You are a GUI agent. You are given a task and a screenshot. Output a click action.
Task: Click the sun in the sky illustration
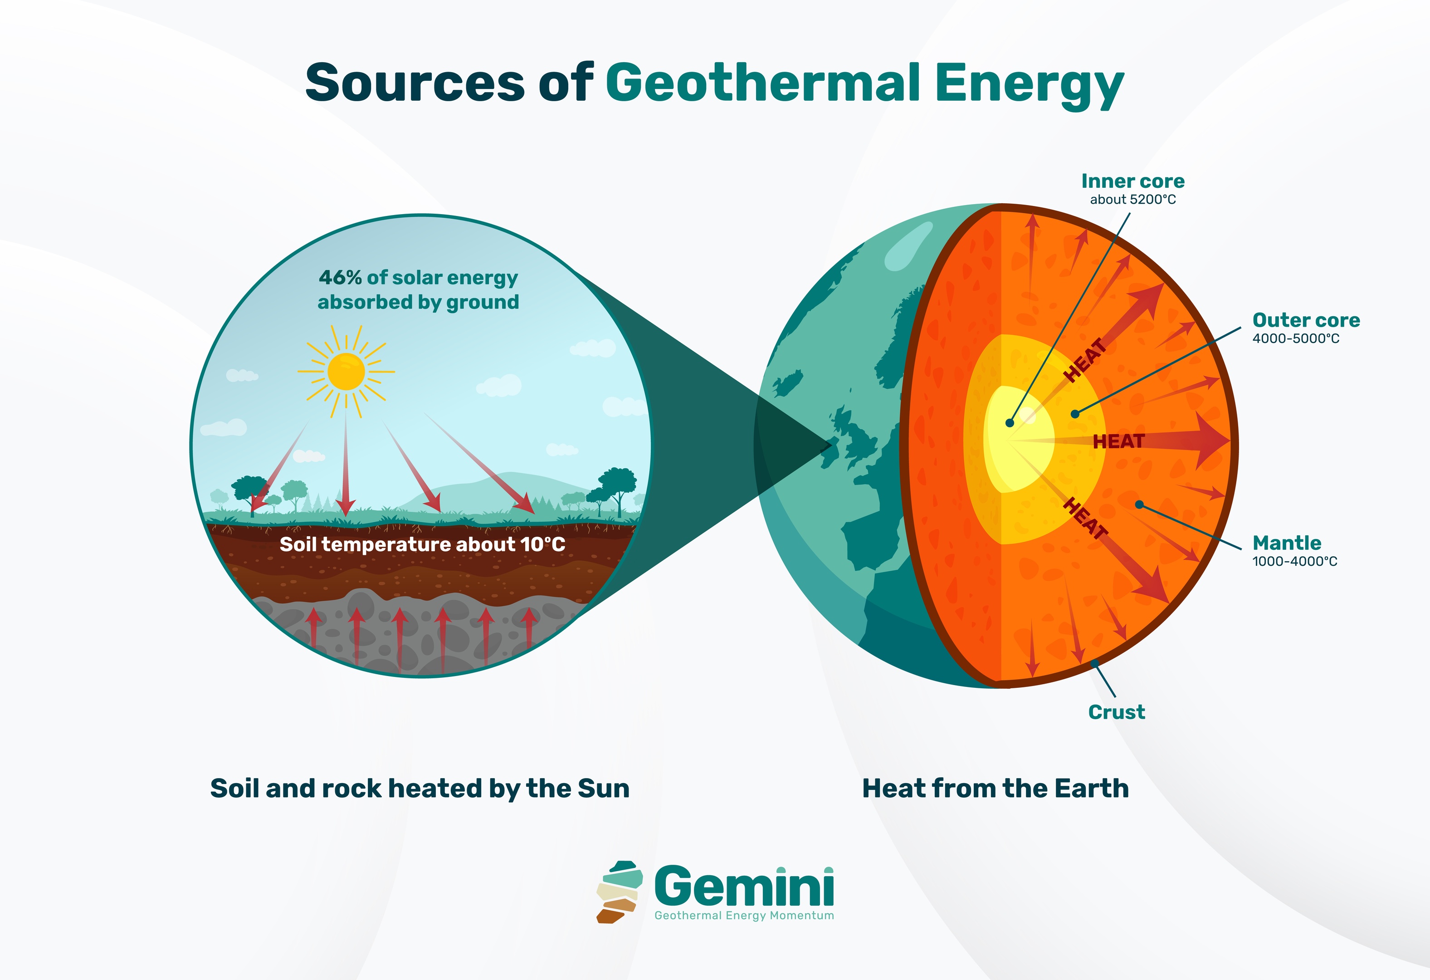tap(346, 371)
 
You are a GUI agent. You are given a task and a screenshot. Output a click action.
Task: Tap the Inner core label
tap(1133, 181)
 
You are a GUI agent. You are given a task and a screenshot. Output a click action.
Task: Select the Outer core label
tap(1306, 320)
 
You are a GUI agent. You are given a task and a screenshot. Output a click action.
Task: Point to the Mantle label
tap(1287, 543)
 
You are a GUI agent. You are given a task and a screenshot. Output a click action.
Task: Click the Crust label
tap(1116, 712)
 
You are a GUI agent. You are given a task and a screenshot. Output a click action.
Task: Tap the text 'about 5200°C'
tap(1133, 200)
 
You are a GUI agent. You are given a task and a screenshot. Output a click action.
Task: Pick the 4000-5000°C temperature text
tap(1295, 338)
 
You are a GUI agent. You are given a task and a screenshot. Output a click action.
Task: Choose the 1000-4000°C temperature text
tap(1295, 561)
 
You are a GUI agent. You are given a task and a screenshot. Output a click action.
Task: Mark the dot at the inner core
tap(1010, 423)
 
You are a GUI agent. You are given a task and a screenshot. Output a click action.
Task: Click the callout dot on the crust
tap(1095, 663)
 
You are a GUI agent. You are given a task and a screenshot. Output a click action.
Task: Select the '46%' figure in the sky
tap(340, 278)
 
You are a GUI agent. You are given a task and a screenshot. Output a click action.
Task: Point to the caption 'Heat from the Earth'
tap(995, 789)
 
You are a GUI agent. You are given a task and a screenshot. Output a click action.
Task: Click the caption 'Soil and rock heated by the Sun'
tap(420, 789)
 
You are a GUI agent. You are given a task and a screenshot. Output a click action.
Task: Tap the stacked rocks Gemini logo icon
tap(618, 892)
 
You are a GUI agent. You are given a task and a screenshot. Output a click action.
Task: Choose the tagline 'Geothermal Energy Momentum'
tap(744, 916)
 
